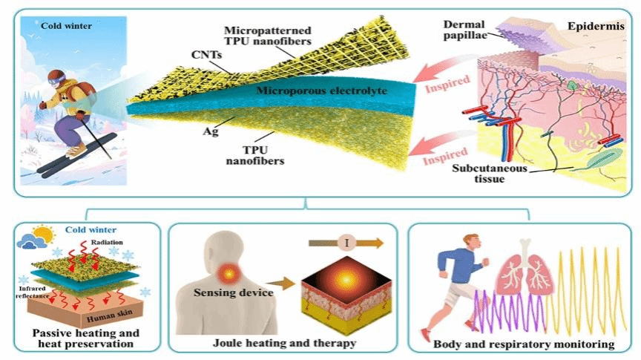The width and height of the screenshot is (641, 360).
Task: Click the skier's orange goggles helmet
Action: click(57, 79)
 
